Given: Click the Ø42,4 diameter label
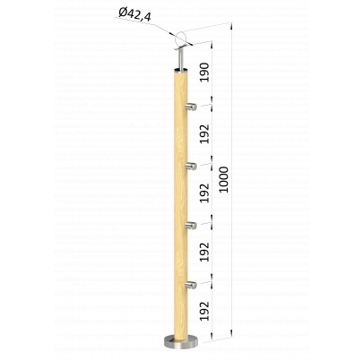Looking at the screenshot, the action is (134, 14).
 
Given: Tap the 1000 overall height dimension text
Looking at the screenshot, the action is (223, 179).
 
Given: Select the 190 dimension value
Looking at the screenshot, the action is (204, 73).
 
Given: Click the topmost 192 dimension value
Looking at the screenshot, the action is (204, 133).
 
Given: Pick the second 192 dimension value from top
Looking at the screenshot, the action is (204, 193).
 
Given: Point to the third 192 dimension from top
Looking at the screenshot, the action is (204, 252).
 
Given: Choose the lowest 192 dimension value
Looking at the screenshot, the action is (204, 311).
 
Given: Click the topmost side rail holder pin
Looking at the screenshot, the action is (191, 107).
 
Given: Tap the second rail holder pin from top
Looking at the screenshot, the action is (191, 167).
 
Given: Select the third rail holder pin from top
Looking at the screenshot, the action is (191, 226).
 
